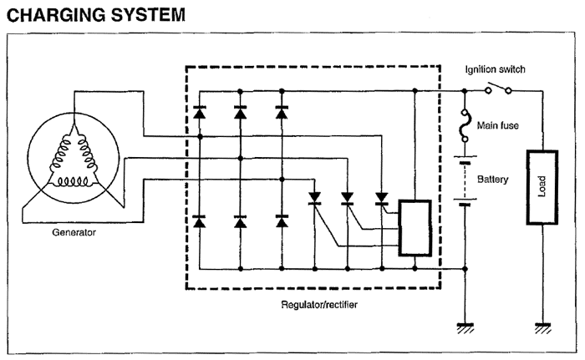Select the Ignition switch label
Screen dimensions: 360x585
coord(495,69)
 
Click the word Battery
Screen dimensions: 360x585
coord(492,179)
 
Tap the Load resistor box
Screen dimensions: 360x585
coord(541,187)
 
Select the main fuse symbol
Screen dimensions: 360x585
coord(465,125)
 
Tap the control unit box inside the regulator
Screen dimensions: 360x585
coord(415,227)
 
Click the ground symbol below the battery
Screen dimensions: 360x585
coord(465,328)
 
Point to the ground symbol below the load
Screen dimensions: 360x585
coord(542,328)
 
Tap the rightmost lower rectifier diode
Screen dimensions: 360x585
coord(282,221)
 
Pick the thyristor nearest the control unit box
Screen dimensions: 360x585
coord(382,199)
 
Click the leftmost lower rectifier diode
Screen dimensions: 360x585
coord(200,221)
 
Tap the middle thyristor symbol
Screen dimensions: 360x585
coord(347,199)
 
